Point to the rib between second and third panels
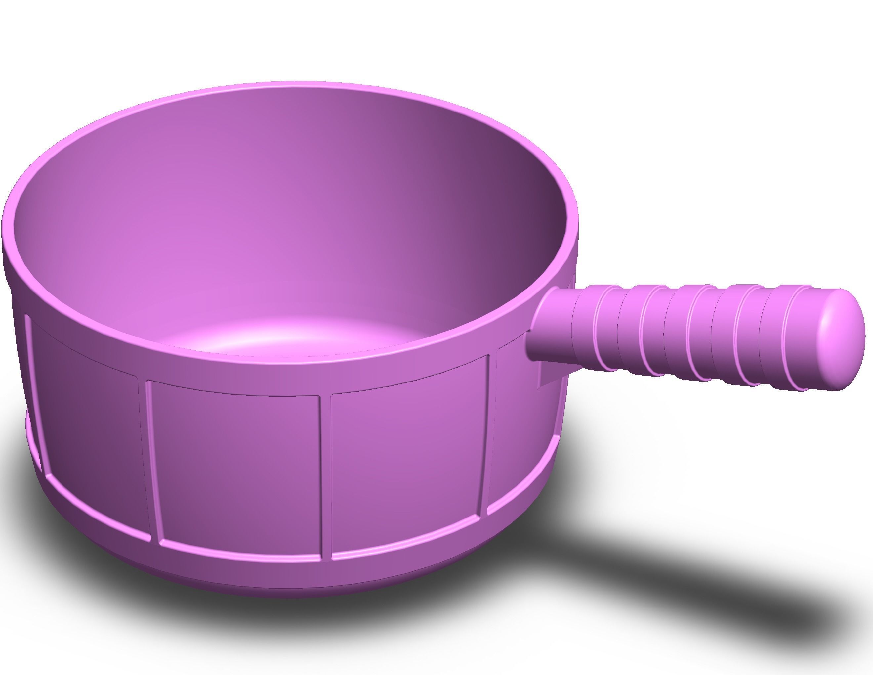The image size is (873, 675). tap(326, 476)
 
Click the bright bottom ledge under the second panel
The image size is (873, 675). tap(240, 550)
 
